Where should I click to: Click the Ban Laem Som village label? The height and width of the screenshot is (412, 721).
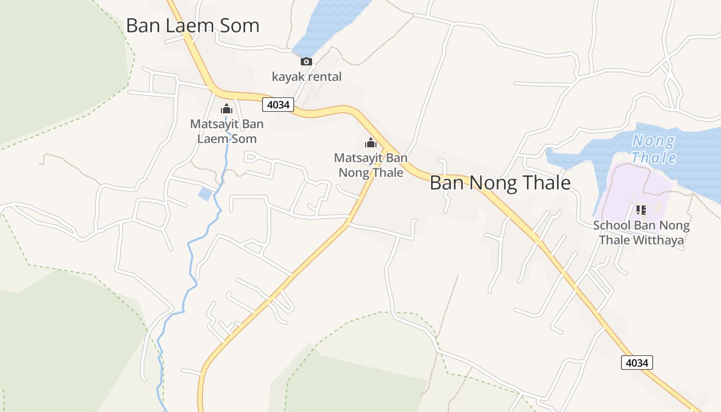click(193, 26)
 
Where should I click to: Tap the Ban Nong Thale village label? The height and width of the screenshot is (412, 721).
click(500, 183)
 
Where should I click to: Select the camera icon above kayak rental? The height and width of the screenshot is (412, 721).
click(306, 62)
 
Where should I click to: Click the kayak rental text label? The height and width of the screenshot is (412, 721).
click(306, 77)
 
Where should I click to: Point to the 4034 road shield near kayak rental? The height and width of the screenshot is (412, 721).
click(278, 105)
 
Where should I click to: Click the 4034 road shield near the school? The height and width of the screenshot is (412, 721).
click(637, 363)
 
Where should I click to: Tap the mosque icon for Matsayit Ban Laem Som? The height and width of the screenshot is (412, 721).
click(227, 109)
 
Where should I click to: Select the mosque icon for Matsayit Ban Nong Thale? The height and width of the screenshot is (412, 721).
click(371, 143)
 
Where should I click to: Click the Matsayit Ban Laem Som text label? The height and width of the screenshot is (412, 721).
click(227, 131)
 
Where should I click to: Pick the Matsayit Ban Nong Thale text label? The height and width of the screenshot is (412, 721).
click(371, 165)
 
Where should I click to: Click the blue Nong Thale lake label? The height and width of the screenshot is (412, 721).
click(654, 148)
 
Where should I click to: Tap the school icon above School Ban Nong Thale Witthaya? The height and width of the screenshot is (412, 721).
click(641, 210)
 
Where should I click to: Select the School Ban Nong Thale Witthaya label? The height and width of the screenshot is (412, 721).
click(641, 233)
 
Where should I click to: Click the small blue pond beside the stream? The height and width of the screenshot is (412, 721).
click(205, 194)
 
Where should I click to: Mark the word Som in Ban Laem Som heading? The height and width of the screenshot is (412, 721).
click(238, 26)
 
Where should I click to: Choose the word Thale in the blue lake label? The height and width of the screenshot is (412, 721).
click(654, 158)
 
